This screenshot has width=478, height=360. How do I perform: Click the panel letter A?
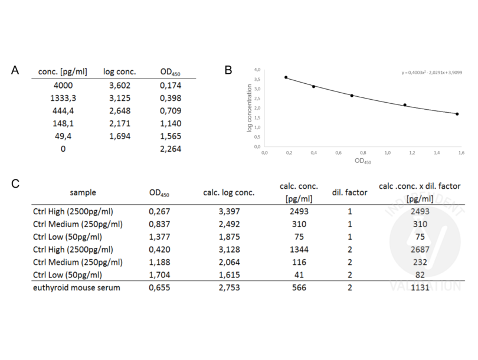click(16, 70)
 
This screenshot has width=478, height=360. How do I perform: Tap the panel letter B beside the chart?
click(228, 70)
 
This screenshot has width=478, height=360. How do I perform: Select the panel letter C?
click(16, 184)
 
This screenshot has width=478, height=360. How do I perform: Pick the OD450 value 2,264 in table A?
click(171, 149)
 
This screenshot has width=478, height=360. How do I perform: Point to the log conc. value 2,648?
click(119, 110)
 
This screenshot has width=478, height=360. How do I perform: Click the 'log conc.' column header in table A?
click(120, 72)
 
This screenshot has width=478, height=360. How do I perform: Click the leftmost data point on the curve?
click(286, 77)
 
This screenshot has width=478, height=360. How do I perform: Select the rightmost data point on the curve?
click(457, 114)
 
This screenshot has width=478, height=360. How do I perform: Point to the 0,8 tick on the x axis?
click(363, 152)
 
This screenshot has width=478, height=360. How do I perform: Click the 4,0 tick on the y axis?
click(257, 70)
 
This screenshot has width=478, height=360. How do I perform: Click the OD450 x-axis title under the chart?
click(362, 161)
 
